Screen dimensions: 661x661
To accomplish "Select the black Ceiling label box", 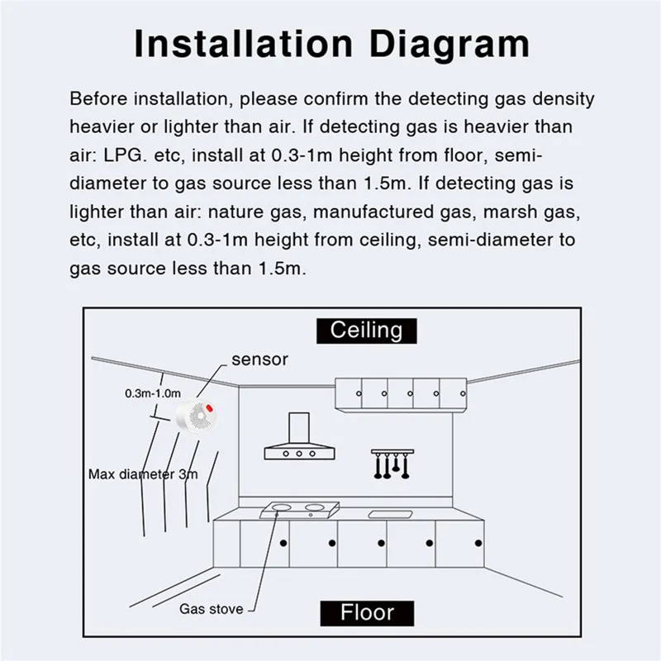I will click(367, 330).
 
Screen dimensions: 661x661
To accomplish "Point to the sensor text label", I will click(259, 359).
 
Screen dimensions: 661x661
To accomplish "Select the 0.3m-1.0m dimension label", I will click(153, 393).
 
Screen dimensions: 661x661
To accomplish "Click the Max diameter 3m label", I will click(144, 474).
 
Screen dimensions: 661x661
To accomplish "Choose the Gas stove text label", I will click(212, 609).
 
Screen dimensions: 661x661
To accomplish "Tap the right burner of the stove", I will click(315, 506).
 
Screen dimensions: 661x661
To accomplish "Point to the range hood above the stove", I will click(301, 439).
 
